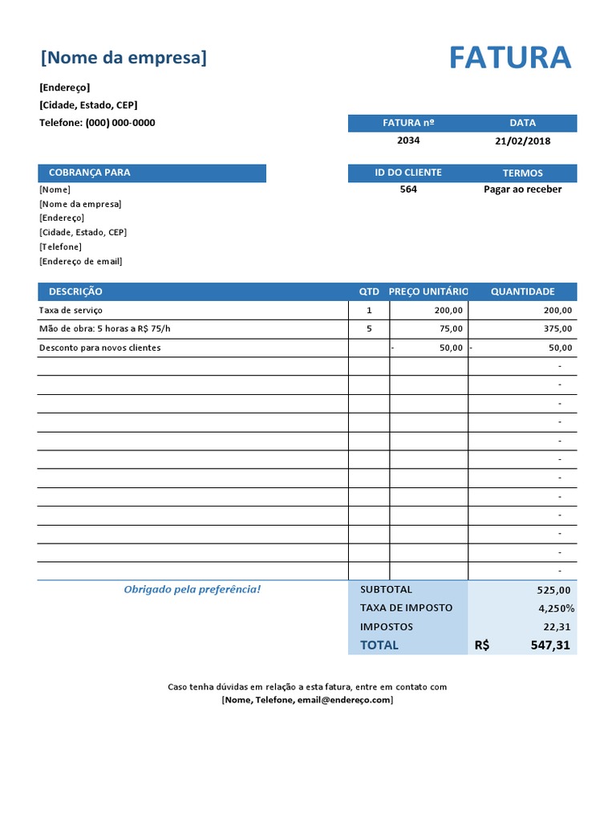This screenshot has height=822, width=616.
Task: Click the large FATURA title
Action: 509,59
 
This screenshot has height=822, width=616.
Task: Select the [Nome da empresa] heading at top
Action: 124,58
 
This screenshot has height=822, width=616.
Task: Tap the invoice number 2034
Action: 407,140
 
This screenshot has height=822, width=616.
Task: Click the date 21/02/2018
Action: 522,141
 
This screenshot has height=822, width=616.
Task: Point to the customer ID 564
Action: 407,189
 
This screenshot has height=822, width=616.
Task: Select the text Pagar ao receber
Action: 522,189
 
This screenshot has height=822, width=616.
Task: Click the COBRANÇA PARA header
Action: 89,173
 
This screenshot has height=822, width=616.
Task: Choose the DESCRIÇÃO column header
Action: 75,291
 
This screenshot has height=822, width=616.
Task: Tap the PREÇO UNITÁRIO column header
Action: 428,291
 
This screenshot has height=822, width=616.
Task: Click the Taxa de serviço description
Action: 71,310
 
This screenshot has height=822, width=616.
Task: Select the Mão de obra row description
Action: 104,328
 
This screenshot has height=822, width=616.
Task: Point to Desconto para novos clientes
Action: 99,348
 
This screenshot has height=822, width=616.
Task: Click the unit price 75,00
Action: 451,328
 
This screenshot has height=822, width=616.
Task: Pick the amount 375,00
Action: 557,328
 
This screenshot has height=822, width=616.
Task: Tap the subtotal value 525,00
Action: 553,590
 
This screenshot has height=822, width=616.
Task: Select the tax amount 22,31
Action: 557,627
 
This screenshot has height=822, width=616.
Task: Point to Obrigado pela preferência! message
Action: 192,590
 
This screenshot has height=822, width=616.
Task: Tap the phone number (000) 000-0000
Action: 120,123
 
